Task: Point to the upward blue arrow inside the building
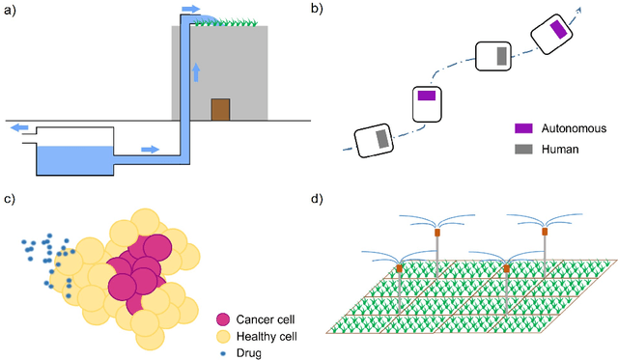(196, 72)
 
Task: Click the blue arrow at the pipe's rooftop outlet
(191, 9)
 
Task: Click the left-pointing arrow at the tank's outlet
(17, 127)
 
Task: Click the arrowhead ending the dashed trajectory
(580, 8)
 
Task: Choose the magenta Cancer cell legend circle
(224, 318)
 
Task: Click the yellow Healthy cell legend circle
(224, 336)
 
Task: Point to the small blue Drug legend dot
(224, 352)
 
